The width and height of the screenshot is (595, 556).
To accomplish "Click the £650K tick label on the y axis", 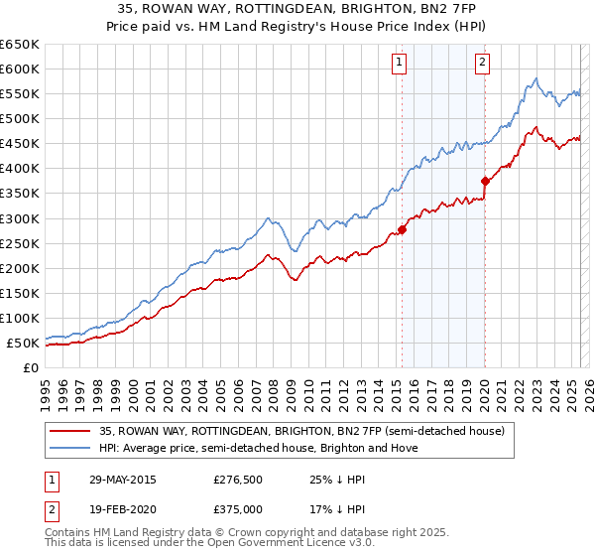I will click(20, 45).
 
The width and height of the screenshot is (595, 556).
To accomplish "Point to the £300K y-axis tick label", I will click(20, 218).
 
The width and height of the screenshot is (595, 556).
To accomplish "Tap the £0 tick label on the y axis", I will click(31, 367).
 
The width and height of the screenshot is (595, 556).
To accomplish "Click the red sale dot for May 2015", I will click(403, 229).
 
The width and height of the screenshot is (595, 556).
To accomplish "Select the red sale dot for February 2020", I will click(485, 181).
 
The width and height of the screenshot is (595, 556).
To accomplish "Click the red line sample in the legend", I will click(71, 431).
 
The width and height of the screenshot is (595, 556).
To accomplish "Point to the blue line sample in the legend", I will click(71, 448).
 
